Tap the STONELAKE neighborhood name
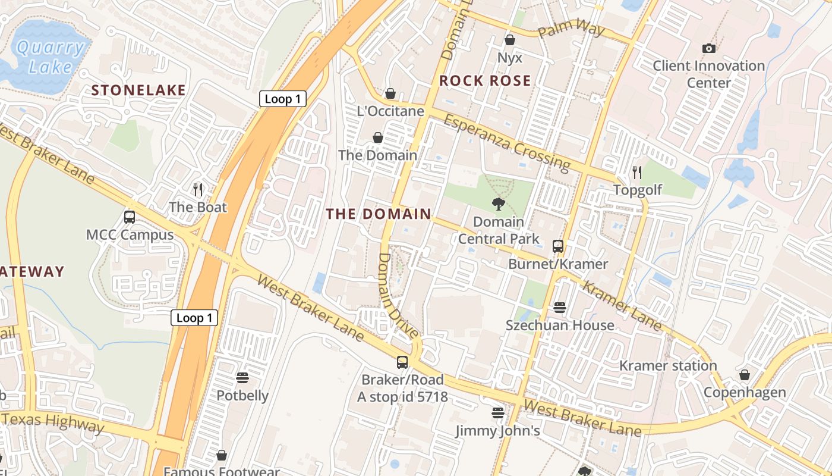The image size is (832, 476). click(138, 90)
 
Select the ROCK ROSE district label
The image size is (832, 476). click(485, 81)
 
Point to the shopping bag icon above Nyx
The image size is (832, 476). click(509, 40)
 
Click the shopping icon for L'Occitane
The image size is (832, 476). click(390, 93)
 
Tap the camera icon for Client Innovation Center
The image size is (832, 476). click(708, 48)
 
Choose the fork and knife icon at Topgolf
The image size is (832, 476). click(637, 173)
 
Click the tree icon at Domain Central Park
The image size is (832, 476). click(499, 204)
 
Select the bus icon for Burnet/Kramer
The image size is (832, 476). click(557, 246)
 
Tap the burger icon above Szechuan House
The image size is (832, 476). click(559, 308)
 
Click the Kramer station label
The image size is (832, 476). click(668, 365)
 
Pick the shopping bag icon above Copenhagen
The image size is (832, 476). click(744, 375)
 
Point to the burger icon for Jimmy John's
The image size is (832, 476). click(497, 412)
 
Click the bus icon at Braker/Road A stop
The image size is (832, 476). click(402, 362)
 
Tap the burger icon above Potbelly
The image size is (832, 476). click(242, 378)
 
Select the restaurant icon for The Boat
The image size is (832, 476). click(198, 189)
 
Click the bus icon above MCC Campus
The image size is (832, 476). click(130, 217)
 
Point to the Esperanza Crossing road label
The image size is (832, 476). click(506, 141)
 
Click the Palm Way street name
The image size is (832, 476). click(571, 30)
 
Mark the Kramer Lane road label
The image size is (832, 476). click(622, 305)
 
